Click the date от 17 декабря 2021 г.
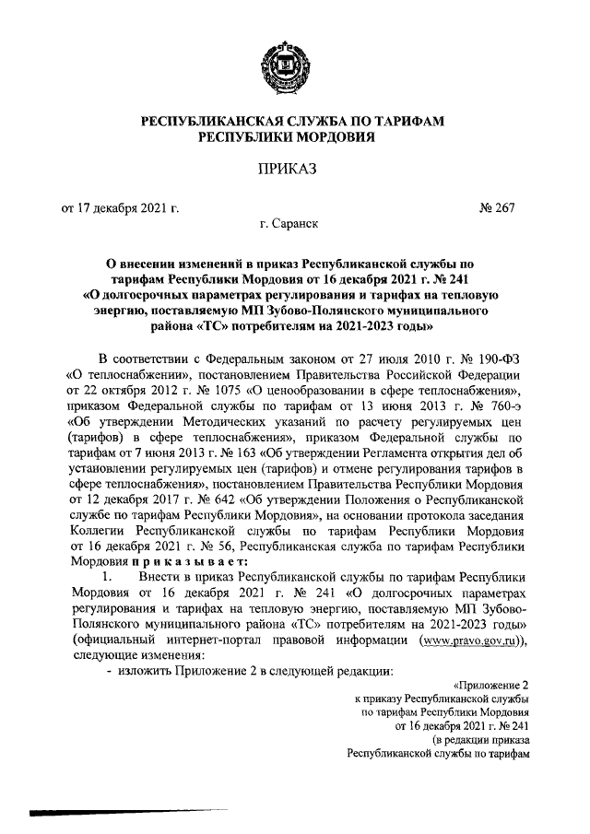click(119, 208)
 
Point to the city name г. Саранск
click(291, 224)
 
